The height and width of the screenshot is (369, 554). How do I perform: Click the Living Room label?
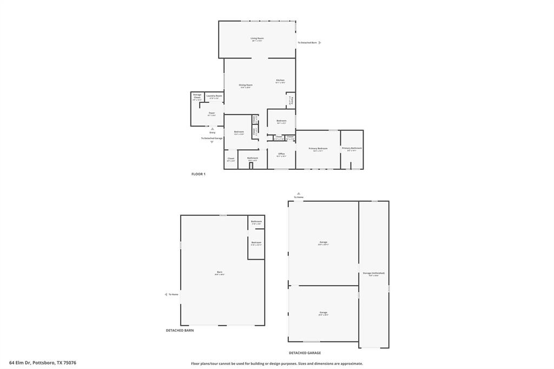[257, 38]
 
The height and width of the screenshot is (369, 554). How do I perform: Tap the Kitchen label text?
[280, 81]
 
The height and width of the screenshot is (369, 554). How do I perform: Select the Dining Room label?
[246, 85]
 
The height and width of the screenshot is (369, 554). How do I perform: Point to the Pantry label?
[291, 100]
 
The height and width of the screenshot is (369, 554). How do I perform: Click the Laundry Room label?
[214, 96]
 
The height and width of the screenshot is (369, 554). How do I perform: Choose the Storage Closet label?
[197, 96]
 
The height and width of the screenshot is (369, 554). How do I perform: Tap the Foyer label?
[212, 113]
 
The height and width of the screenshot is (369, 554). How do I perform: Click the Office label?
[281, 154]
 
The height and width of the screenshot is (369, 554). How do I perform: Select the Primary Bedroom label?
[318, 148]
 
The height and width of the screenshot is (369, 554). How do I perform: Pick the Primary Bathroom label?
[352, 148]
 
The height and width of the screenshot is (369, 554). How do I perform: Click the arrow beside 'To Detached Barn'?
[320, 42]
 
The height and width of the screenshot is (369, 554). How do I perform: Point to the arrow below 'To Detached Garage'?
[212, 142]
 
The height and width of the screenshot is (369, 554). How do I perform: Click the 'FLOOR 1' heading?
[199, 174]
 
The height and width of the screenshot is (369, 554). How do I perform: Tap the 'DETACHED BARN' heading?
[180, 330]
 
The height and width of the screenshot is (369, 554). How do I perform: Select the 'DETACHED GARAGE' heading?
[305, 353]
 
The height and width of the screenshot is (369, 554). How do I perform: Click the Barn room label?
[220, 272]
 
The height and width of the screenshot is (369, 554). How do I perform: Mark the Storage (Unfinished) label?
[374, 273]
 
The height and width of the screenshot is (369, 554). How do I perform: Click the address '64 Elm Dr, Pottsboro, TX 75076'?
[43, 363]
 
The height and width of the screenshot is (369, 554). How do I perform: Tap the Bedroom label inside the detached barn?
[256, 242]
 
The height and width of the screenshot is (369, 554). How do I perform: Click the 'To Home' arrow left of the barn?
[166, 294]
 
